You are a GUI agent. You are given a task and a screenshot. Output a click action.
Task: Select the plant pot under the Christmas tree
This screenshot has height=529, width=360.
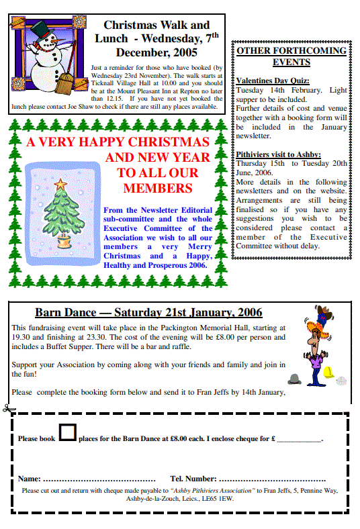(64, 238)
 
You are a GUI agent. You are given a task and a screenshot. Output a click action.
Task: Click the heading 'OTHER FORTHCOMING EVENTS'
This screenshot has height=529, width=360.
(291, 56)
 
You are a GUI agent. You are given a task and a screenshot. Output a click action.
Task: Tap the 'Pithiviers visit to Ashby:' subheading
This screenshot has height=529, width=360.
(278, 154)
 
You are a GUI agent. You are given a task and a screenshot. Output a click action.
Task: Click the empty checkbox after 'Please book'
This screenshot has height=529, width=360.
(67, 432)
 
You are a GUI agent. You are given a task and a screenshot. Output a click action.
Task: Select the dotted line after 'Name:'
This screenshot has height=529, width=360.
(99, 479)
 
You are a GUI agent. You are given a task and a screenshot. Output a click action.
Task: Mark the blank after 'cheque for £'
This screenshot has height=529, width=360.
(299, 440)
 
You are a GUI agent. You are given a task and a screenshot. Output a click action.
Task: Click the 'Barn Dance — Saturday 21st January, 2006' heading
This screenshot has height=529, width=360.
(148, 312)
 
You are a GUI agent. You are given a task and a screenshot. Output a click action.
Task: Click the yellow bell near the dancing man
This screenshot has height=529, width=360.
(328, 371)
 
